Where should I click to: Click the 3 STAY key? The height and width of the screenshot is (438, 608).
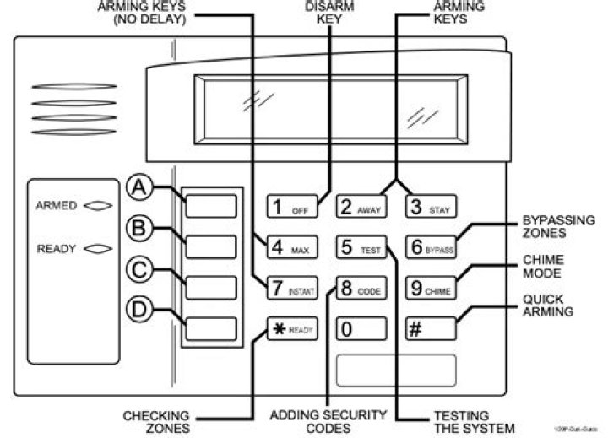click(x=429, y=207)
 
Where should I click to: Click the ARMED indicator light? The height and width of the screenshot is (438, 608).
click(x=98, y=205)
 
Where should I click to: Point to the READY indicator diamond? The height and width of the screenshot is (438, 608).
click(x=98, y=248)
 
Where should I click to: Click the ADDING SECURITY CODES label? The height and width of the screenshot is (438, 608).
click(x=326, y=421)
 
